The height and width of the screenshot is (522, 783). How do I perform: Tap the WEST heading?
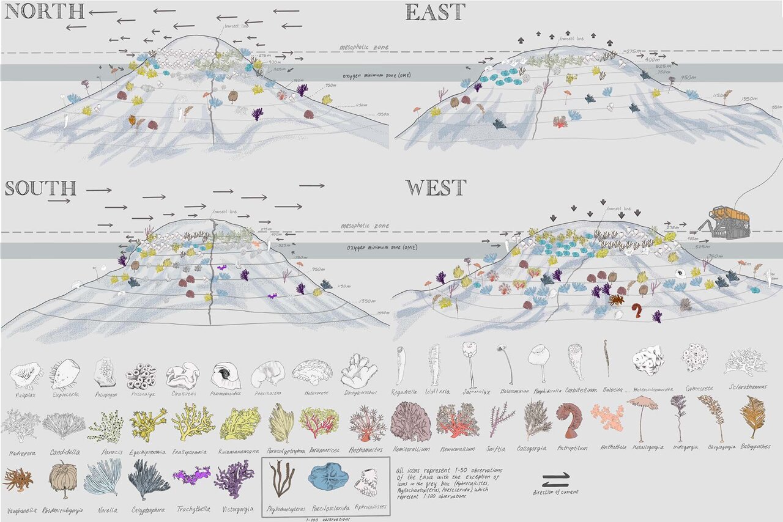436,188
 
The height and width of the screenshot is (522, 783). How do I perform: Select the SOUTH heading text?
40,188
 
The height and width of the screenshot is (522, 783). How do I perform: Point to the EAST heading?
435,12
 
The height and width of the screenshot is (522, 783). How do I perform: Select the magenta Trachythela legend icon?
191,475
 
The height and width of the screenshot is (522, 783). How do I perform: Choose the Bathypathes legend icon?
753,416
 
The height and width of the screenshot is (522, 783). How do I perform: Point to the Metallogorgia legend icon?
642,416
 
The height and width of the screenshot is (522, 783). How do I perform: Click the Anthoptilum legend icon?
571,419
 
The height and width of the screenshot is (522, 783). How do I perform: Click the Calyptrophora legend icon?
149,479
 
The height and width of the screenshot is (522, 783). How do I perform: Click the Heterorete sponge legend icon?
312,371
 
